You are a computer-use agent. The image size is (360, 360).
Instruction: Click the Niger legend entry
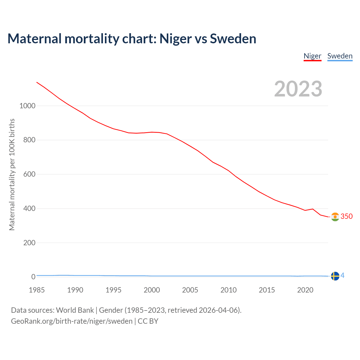312,56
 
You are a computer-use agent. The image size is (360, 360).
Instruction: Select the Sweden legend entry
340,56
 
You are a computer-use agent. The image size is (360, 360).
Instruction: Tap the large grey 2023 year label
298,89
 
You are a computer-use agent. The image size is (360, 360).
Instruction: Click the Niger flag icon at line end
335,217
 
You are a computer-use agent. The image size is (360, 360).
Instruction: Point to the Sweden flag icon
335,276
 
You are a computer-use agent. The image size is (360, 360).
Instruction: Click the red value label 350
346,216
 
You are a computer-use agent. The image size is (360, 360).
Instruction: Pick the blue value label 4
343,276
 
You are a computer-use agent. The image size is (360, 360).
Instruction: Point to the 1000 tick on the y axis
27,106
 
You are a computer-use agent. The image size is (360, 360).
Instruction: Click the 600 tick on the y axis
29,174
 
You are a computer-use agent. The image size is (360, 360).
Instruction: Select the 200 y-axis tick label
29,243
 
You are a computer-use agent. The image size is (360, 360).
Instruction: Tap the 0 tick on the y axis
33,277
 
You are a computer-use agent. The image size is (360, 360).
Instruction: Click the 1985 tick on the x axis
37,290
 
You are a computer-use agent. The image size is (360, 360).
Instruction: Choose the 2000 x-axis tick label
152,290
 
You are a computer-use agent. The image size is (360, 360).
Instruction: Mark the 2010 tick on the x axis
228,290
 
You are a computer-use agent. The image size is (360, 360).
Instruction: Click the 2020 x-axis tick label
305,290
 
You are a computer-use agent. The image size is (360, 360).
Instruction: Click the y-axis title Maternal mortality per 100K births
12,174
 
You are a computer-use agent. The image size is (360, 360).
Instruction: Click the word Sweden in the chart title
233,39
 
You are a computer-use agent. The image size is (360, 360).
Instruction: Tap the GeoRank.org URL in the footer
72,321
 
